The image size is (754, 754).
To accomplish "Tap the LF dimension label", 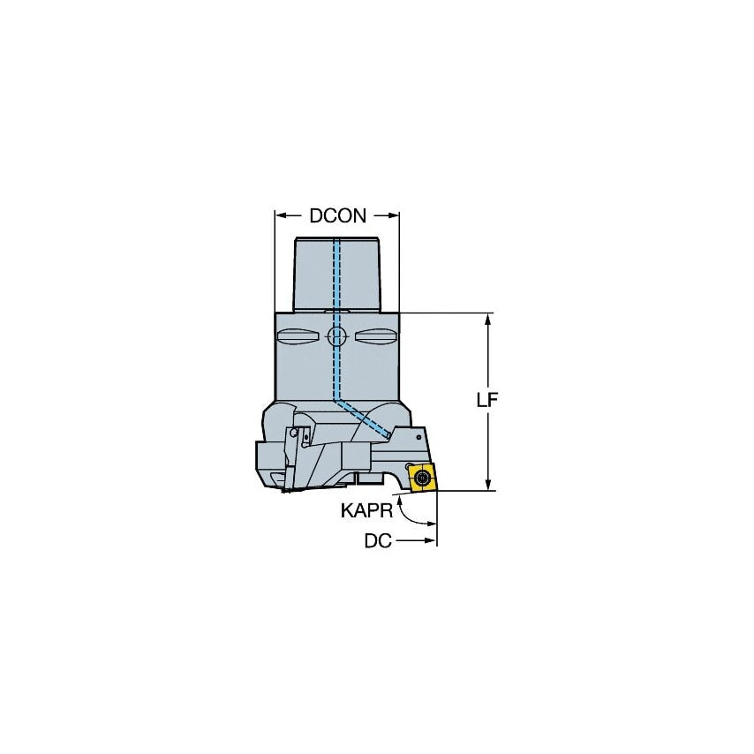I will pyautogui.click(x=487, y=400).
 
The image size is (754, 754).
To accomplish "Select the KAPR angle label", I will pyautogui.click(x=364, y=510).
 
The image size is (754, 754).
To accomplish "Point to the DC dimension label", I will pyautogui.click(x=378, y=541).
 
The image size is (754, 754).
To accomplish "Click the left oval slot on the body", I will pyautogui.click(x=298, y=336).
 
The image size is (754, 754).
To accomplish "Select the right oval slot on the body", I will pyautogui.click(x=376, y=336).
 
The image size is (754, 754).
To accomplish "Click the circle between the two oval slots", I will pyautogui.click(x=336, y=336).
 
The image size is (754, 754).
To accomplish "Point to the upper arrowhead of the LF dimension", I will pyautogui.click(x=487, y=320).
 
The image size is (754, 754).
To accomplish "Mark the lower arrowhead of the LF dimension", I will pyautogui.click(x=487, y=483).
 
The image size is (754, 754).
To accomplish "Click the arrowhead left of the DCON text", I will pyautogui.click(x=280, y=215).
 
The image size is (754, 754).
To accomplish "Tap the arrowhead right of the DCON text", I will pyautogui.click(x=395, y=215).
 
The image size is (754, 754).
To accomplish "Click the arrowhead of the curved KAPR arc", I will pyautogui.click(x=403, y=497).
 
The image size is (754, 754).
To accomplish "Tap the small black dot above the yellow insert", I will pyautogui.click(x=406, y=465).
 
